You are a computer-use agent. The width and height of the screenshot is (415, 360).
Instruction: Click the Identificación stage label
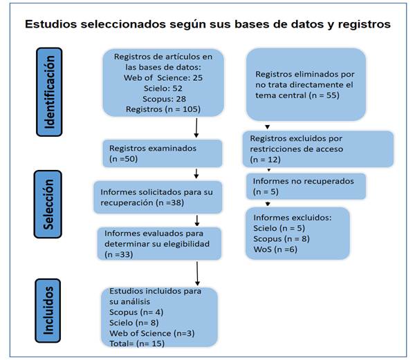point(49,92)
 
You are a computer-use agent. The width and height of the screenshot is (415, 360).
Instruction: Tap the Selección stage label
point(48,205)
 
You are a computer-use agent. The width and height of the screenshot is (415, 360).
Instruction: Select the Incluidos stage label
point(48,310)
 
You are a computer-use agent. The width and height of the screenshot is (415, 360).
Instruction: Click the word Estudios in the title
point(50,24)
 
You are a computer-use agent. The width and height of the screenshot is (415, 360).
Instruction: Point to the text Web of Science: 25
point(163,77)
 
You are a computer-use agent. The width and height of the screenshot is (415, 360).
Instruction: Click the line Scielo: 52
point(163,88)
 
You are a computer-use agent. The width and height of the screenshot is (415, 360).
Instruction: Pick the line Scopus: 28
point(164,99)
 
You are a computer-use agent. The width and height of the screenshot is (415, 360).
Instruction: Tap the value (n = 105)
point(183,109)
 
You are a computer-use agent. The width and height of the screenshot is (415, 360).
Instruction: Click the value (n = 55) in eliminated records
point(324,95)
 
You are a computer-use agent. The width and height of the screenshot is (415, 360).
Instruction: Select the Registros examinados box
point(163,153)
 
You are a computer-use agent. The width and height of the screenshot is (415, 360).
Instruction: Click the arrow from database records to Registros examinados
point(196,128)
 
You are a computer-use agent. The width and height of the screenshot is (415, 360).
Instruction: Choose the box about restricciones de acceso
point(318,149)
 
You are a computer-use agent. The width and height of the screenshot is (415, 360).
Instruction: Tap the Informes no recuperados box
point(306,187)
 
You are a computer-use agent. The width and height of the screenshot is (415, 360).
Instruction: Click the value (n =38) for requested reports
point(170,202)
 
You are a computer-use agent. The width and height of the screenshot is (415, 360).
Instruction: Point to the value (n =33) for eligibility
point(119,254)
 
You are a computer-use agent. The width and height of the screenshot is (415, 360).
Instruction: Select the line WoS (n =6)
point(275,249)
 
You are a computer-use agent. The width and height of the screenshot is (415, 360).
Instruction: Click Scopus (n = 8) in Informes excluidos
point(282,238)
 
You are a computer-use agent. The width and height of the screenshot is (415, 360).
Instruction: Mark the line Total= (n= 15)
point(137,343)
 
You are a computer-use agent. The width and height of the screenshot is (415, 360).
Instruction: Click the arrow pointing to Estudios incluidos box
point(197,274)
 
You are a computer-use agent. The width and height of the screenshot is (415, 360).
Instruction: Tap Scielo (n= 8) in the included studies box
point(134,323)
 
